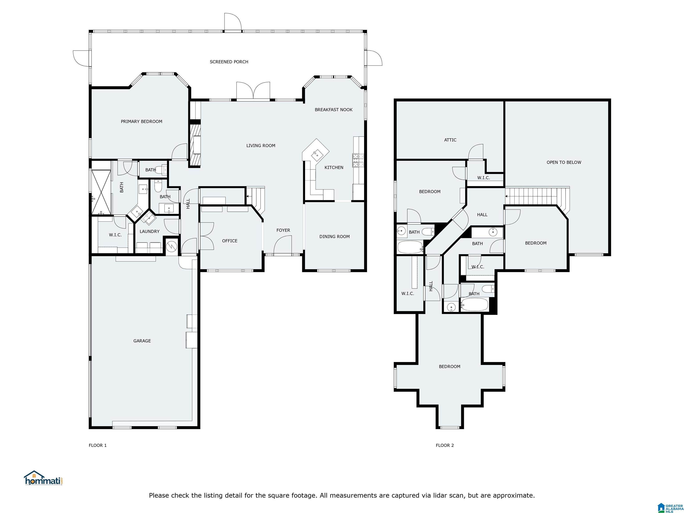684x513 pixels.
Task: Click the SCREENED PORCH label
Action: [229, 62]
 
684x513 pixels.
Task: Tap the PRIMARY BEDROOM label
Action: [141, 122]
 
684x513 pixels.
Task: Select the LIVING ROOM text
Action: [261, 146]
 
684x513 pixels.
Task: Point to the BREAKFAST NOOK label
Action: [333, 110]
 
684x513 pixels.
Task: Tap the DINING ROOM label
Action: [334, 236]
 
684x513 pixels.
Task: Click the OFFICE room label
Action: [229, 241]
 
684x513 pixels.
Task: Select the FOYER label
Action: [283, 230]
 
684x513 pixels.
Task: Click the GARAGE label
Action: [142, 341]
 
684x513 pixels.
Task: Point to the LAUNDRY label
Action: [149, 232]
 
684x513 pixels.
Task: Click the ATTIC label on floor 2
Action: [450, 140]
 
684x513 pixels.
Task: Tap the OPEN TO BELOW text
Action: [564, 162]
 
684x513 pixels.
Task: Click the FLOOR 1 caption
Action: [97, 445]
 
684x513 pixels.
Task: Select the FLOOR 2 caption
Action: [445, 445]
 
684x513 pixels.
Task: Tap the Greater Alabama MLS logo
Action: [670, 507]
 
